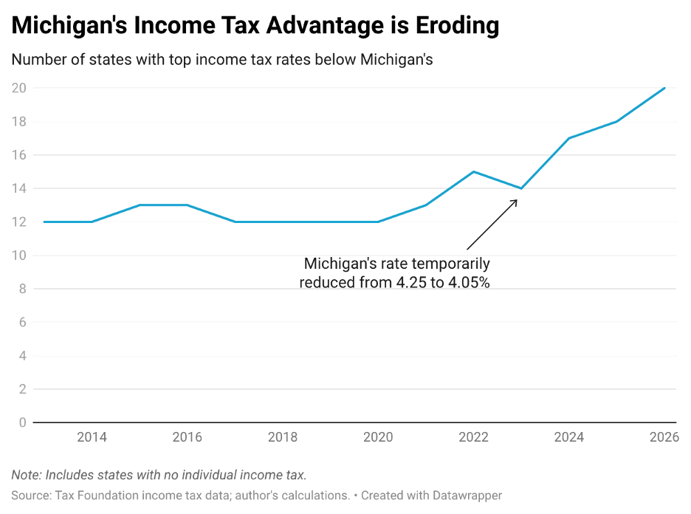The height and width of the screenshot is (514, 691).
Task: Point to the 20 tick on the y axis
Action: (19, 88)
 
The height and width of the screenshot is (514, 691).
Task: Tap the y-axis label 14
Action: (19, 188)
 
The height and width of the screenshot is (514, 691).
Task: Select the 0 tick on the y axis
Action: (23, 422)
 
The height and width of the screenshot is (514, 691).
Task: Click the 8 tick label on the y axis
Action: (23, 289)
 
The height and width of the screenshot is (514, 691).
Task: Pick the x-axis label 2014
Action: (92, 437)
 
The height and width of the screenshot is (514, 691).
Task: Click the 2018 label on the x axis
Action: (283, 437)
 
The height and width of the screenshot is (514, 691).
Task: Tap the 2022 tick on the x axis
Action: (474, 437)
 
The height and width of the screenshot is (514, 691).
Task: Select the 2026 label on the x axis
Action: (664, 437)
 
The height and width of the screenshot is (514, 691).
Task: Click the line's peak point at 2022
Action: (474, 172)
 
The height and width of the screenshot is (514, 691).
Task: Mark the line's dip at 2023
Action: (521, 188)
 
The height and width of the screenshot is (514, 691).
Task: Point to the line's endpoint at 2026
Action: (664, 88)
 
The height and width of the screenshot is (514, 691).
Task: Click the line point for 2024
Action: (569, 138)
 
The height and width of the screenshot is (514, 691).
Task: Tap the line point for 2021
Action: (426, 205)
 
